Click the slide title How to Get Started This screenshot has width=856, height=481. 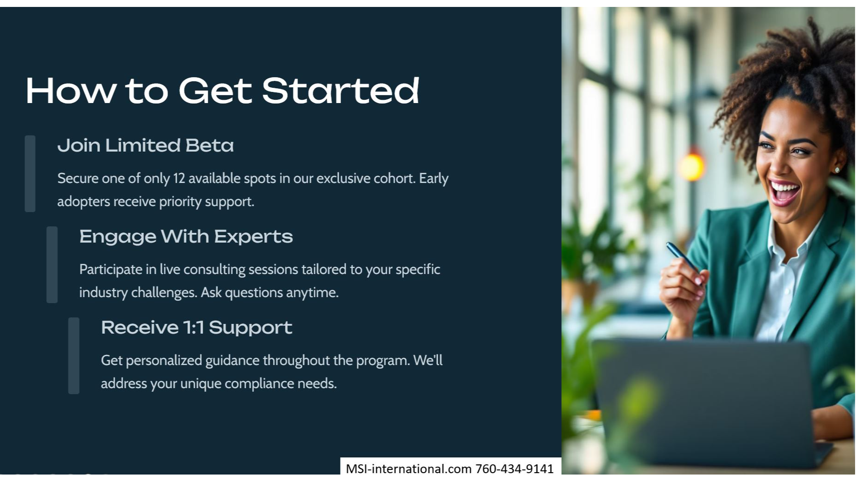pos(222,91)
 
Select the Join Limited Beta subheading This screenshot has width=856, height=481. pos(145,146)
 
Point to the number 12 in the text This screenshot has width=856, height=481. pos(179,178)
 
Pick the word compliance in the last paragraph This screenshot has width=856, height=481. pos(259,384)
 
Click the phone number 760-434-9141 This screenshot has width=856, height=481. pos(514,469)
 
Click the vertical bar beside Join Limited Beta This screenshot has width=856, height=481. pos(30,174)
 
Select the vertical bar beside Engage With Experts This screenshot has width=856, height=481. pos(52,265)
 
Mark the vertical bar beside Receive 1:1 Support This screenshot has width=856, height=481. pos(74,356)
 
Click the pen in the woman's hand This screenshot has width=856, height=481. pos(683,258)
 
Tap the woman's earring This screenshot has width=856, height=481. pos(837,170)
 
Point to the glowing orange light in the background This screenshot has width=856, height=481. pos(691,167)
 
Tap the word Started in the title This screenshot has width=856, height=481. pos(341,91)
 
